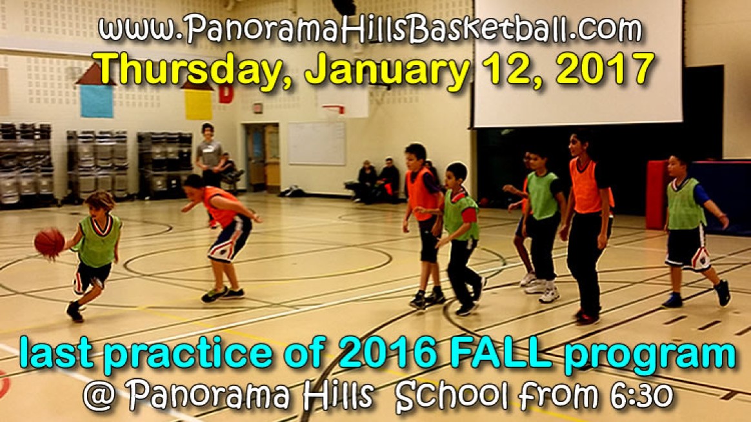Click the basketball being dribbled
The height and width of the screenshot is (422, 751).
(x=49, y=243)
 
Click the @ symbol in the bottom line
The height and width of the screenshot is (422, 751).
(x=99, y=396)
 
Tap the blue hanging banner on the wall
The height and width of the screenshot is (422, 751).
(x=96, y=101)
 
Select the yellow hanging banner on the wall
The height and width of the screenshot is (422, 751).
(x=198, y=105)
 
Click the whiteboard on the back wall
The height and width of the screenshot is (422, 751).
(x=316, y=143)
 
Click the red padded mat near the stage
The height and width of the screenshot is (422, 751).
(x=656, y=194)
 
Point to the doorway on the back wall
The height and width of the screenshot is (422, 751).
(x=262, y=157)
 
